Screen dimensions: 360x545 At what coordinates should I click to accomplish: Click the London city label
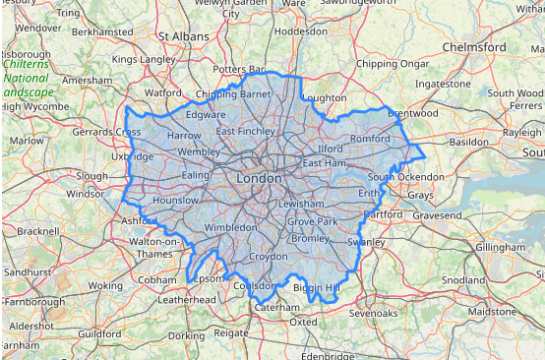pyautogui.click(x=260, y=179)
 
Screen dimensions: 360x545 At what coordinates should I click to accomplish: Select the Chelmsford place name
pyautogui.click(x=474, y=47)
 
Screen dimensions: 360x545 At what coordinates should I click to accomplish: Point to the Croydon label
pyautogui.click(x=268, y=256)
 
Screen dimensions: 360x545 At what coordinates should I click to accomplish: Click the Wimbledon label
pyautogui.click(x=230, y=227)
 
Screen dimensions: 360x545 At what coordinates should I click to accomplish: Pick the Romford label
pyautogui.click(x=371, y=139)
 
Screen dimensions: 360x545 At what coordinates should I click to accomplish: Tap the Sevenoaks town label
pyautogui.click(x=374, y=313)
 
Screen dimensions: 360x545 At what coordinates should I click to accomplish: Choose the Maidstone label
pyautogui.click(x=492, y=311)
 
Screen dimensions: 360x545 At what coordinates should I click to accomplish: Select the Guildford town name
pyautogui.click(x=99, y=334)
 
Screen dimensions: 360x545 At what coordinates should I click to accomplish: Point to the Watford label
pyautogui.click(x=162, y=93)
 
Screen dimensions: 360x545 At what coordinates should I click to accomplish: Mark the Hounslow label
pyautogui.click(x=176, y=200)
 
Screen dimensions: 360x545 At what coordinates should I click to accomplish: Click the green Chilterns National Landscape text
pyautogui.click(x=30, y=78)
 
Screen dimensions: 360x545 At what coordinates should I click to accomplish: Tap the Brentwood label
pyautogui.click(x=412, y=113)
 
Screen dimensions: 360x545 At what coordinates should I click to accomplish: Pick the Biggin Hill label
pyautogui.click(x=316, y=287)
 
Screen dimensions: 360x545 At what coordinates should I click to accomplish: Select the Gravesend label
pyautogui.click(x=436, y=214)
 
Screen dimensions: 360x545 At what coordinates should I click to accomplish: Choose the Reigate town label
pyautogui.click(x=232, y=333)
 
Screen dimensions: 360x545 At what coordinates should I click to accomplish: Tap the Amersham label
pyautogui.click(x=88, y=80)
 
